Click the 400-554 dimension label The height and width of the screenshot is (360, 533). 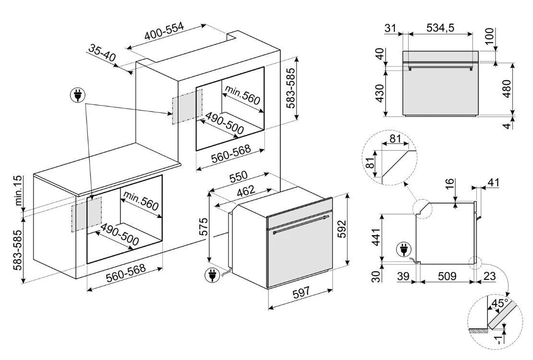pos(165,31)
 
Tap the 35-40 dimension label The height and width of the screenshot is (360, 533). pos(102,53)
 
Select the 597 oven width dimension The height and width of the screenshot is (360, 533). pos(301,292)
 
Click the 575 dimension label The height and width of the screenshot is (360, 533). pos(202,227)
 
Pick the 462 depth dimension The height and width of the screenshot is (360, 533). pos(246,191)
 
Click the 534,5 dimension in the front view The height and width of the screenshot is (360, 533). pos(440,27)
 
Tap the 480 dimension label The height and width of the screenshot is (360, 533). pos(506,89)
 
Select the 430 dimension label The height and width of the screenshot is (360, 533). pos(379,93)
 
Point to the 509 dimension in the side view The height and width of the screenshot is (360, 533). pos(447,276)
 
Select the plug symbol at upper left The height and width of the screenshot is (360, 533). pos(78,95)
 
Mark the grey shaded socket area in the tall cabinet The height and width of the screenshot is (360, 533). pos(187,107)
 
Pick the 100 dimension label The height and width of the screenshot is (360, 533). pos(488,36)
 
